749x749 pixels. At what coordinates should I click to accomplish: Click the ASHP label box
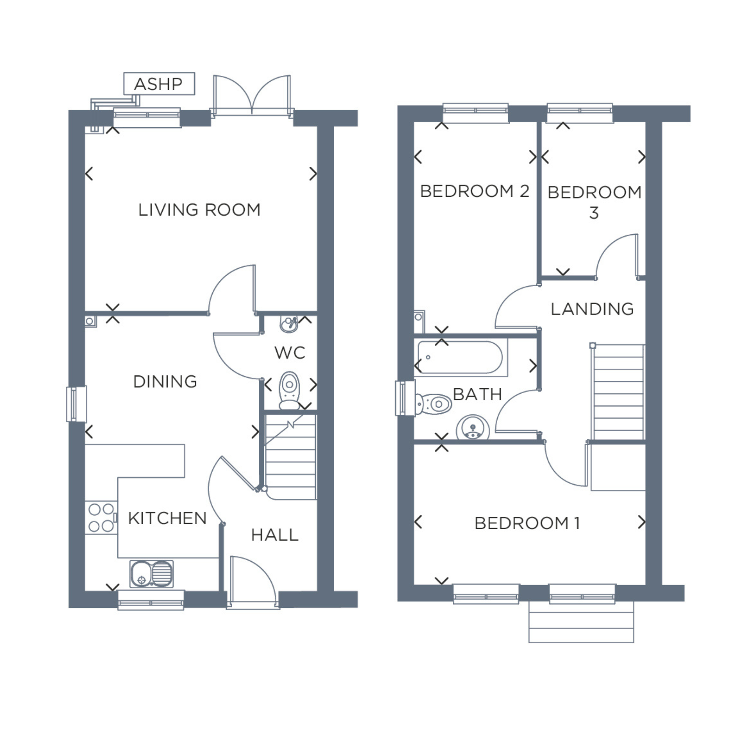point(159,84)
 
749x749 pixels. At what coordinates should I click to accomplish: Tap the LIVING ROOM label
point(199,210)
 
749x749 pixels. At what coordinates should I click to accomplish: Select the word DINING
point(165,382)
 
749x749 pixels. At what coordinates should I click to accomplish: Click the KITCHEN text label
point(167,518)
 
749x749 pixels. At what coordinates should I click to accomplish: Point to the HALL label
point(275,535)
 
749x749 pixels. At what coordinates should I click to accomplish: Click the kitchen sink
point(151,574)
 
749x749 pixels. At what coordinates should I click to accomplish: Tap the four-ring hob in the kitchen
point(101,518)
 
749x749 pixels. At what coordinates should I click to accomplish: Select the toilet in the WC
point(289,390)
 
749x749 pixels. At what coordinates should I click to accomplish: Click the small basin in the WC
point(289,324)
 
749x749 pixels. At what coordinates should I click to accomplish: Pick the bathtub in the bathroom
point(461,357)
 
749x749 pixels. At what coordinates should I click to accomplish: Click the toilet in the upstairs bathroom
point(433,404)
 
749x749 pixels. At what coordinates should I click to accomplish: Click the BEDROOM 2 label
point(475,191)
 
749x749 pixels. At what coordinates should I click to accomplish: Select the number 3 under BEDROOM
point(594,213)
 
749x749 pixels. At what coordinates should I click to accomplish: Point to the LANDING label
point(592,309)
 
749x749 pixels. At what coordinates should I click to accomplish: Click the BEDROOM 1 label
point(527,523)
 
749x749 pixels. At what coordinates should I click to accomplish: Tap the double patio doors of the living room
point(252,96)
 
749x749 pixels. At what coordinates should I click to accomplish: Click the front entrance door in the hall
point(253,583)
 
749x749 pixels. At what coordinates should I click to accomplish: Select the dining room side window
point(76,404)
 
